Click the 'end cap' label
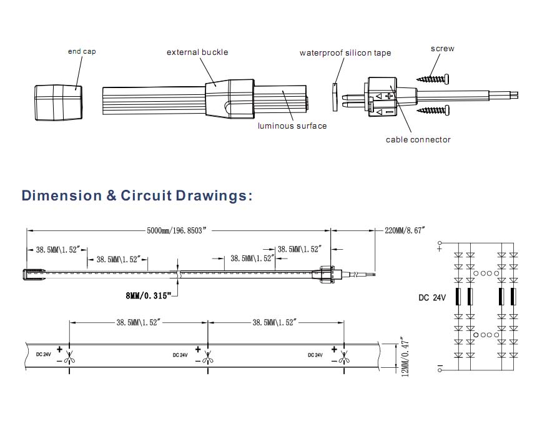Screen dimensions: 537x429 pos(82,51)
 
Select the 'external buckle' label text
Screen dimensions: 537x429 pos(197,52)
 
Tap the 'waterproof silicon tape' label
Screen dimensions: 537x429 pos(345,52)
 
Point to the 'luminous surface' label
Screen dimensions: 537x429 pos(292,126)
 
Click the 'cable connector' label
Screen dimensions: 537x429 pos(418,139)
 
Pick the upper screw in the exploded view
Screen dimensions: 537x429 pos(433,79)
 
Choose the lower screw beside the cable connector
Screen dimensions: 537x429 pos(433,110)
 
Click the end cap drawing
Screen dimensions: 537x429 pos(58,102)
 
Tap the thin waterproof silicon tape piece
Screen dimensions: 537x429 pos(335,97)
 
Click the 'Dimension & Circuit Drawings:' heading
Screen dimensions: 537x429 pos(137,195)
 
